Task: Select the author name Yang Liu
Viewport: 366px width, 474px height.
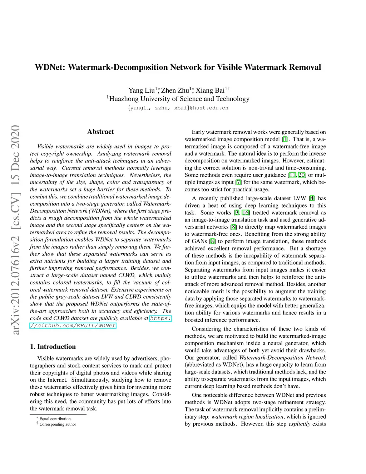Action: (142, 91)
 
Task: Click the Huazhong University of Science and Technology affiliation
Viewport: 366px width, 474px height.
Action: (179, 99)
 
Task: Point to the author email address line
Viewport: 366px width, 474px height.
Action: (178, 108)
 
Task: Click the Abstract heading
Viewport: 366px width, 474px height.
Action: (100, 132)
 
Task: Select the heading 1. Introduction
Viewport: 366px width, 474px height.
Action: (53, 347)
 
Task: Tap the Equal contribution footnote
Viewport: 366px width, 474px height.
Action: (55, 419)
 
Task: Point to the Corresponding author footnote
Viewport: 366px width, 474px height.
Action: (58, 424)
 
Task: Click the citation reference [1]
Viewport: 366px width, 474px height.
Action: (285, 139)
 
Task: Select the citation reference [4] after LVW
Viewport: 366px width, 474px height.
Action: (312, 198)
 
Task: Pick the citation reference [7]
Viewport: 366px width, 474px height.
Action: (238, 182)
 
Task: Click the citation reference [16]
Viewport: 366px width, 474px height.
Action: (246, 212)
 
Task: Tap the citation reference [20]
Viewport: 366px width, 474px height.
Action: (302, 175)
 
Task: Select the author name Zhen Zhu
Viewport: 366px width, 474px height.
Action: (175, 91)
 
